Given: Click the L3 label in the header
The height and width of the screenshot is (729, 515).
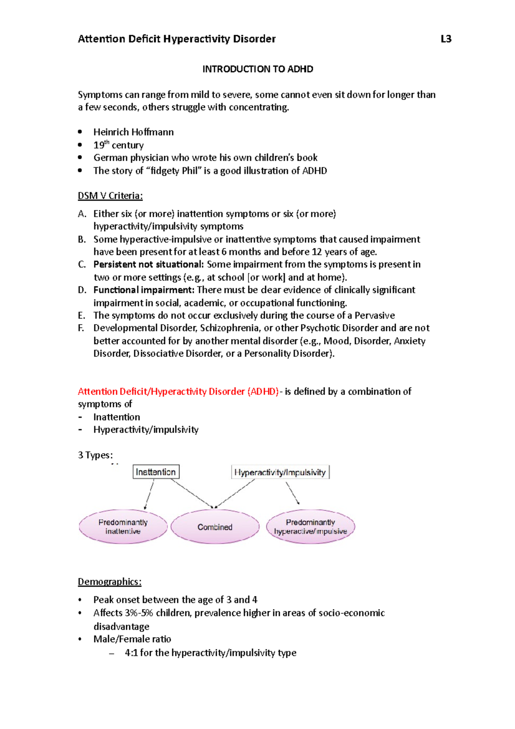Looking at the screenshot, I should pos(446,39).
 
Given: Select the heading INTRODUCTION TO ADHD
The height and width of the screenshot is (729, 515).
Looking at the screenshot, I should pos(257,69).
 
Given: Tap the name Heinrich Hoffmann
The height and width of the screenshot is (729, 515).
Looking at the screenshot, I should pos(133,132).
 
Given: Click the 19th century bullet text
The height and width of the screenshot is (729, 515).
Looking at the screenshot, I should pos(118,145).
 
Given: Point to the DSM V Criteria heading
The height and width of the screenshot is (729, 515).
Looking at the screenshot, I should pos(110,196).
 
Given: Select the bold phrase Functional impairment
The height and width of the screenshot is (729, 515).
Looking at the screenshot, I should pos(144,290).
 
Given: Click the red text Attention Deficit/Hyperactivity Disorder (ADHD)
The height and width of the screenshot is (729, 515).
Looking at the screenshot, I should pos(178,392).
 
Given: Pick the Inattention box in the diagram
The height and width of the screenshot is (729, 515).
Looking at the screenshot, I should pos(156,472).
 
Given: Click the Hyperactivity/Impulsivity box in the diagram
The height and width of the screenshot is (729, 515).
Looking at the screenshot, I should pos(280,472).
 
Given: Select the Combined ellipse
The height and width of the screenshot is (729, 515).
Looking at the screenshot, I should pos(215,527).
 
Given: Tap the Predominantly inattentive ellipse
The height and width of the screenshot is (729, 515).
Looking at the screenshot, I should pos(123,527).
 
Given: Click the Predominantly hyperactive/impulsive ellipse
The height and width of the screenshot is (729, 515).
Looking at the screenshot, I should pos(310,527).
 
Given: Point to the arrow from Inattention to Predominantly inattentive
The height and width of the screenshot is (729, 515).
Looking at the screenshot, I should pos(149,494).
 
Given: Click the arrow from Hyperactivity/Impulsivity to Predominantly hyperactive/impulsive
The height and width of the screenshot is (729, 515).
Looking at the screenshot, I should pos(292,492).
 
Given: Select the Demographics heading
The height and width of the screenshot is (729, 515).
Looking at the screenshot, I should pos(109,582).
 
